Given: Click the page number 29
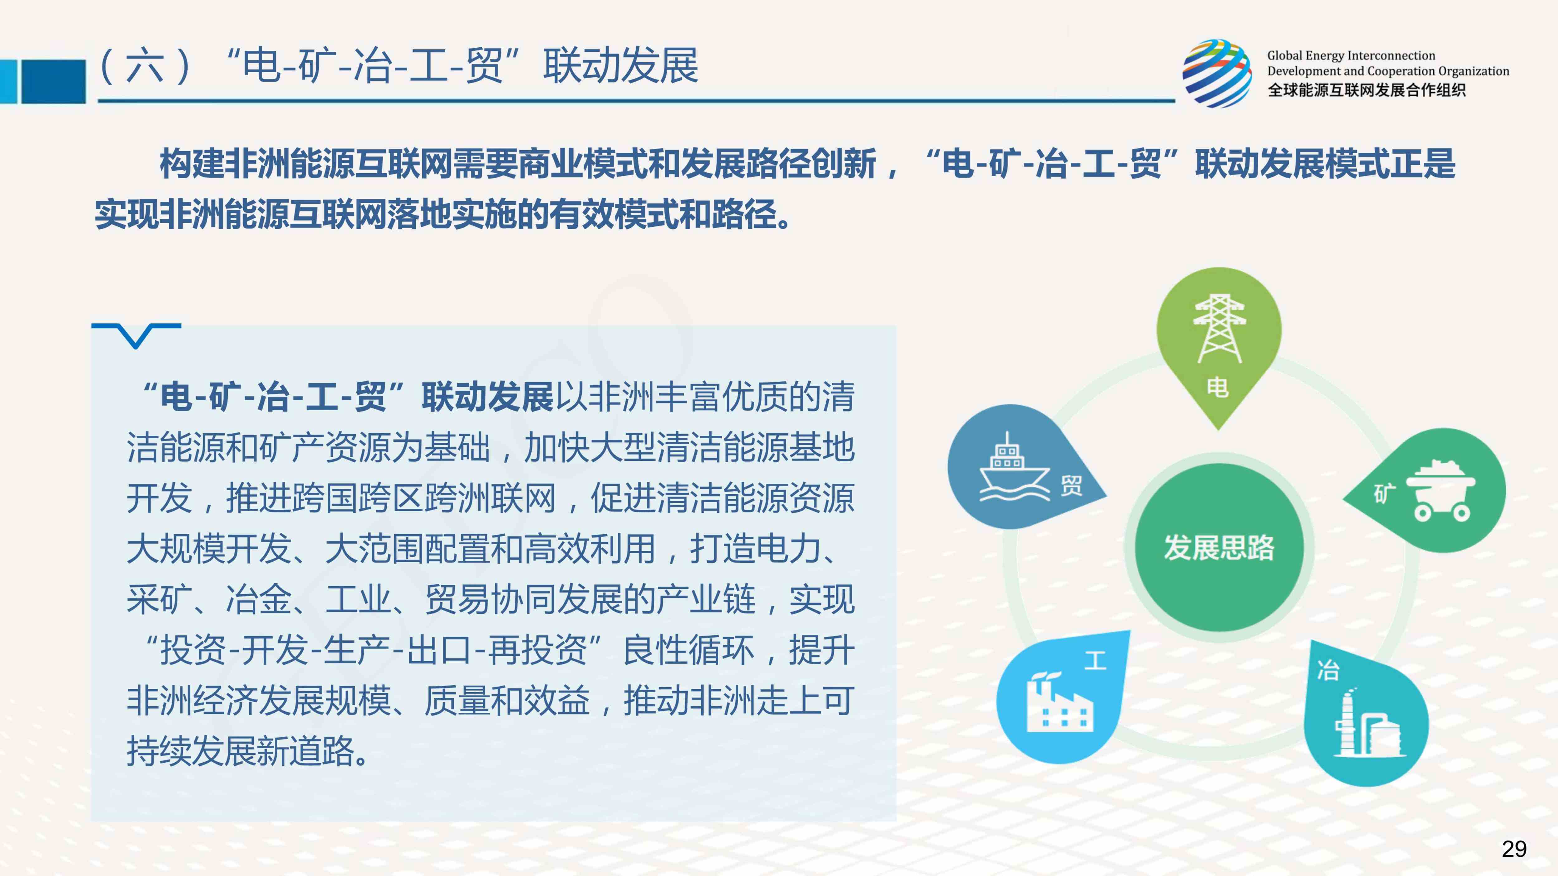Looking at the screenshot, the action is click(x=1514, y=849).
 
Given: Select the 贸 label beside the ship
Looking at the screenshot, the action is click(x=1071, y=485).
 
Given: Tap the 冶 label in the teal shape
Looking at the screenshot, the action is click(x=1328, y=670).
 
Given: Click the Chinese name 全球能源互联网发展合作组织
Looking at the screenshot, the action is click(x=1366, y=90).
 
